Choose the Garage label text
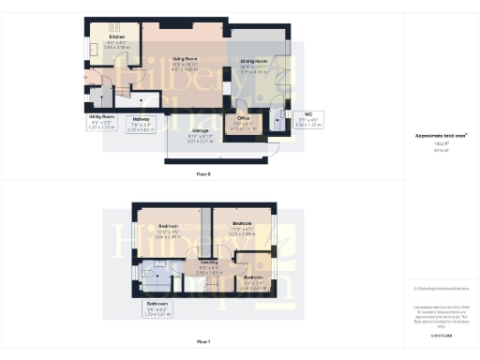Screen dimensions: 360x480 [x=200, y=130]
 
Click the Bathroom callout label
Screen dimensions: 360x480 [x=157, y=304]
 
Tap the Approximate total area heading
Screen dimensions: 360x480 [x=441, y=135]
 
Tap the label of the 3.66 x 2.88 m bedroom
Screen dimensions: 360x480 [x=169, y=227]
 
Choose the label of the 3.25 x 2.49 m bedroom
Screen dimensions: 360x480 [x=243, y=223]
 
